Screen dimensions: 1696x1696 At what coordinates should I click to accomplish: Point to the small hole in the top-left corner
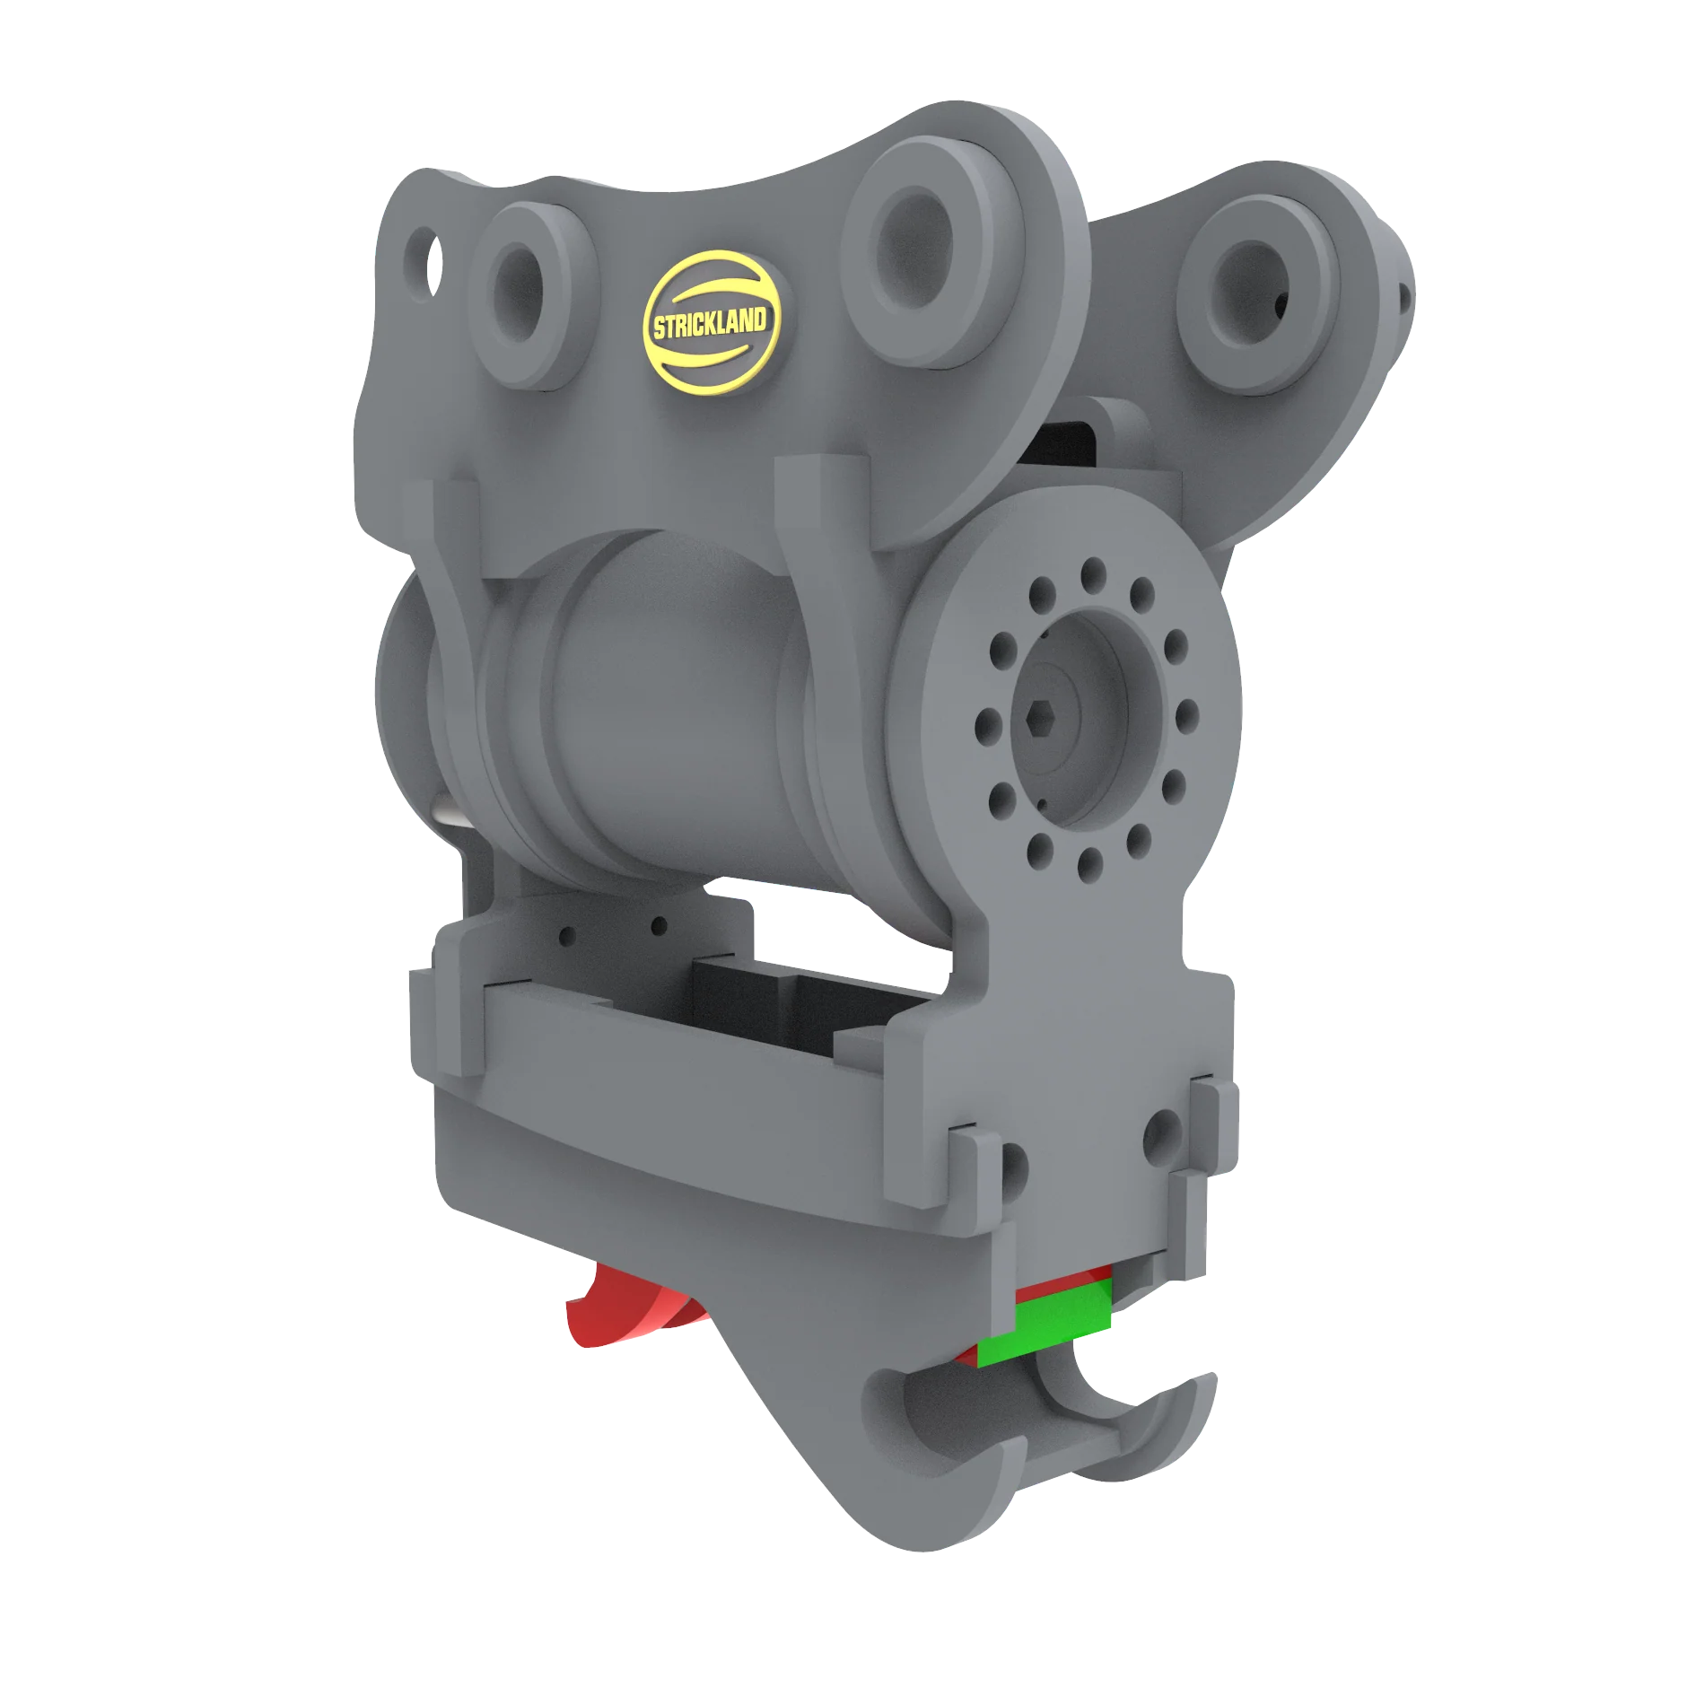click(423, 255)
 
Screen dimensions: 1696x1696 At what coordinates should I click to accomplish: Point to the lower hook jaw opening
click(960, 1436)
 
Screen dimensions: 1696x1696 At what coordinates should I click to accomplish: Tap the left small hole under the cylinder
click(568, 936)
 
